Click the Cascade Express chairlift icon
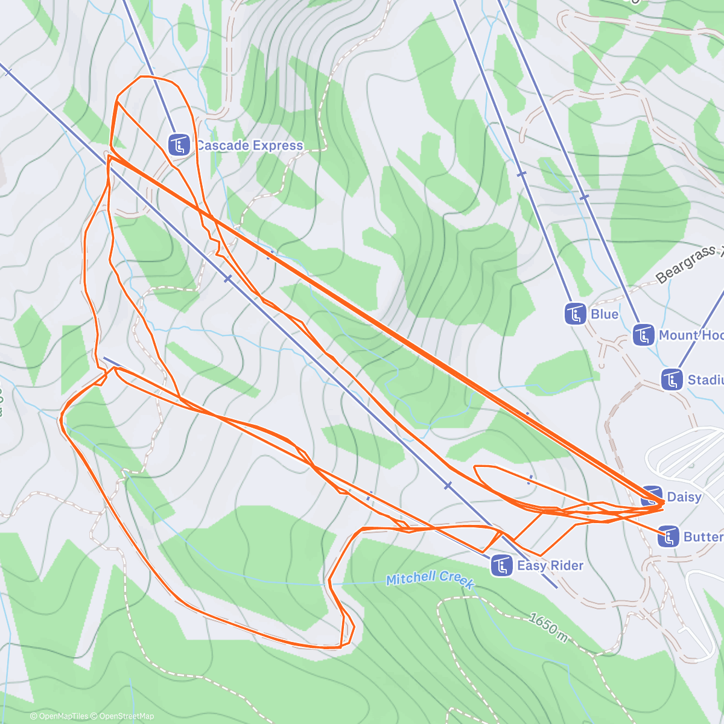(179, 145)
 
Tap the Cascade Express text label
(249, 145)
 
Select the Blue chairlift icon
(575, 314)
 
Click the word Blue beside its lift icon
(605, 314)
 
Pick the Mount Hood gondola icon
(644, 335)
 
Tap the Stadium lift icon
(672, 379)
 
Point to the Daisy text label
(684, 497)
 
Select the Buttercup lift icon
(668, 536)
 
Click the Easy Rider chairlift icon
(501, 565)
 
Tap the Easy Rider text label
(550, 565)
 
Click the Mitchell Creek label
(430, 579)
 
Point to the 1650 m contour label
(548, 628)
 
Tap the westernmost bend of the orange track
(61, 418)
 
